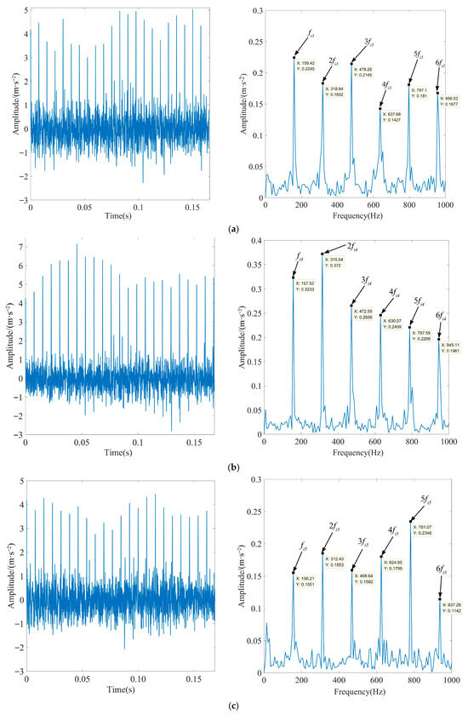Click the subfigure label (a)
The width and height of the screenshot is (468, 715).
[x=233, y=230]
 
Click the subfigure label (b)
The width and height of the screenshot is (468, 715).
[x=233, y=466]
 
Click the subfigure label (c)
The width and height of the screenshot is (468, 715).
[x=233, y=705]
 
